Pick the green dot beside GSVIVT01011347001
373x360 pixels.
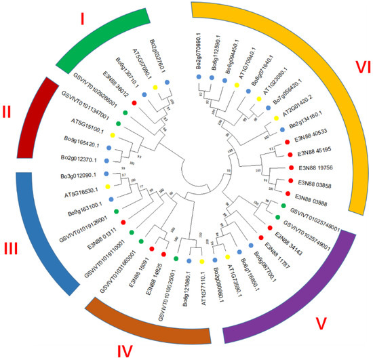tap(117, 123)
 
